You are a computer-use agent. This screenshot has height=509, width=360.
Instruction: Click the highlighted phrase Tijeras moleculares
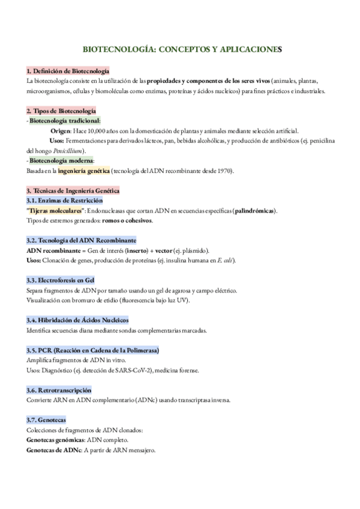56,211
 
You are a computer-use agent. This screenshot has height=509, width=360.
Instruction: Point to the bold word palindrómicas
256,211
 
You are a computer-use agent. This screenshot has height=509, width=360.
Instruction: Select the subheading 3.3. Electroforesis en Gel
60,280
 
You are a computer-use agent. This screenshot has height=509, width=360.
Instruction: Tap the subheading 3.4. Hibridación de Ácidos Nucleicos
77,320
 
